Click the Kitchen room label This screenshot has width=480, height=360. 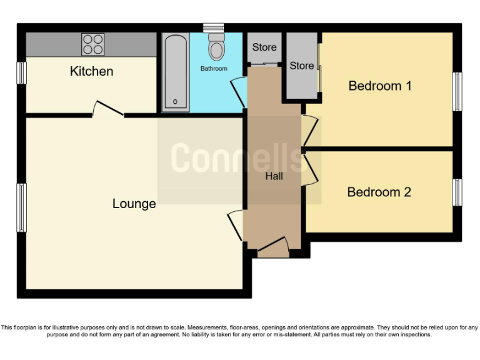(91, 71)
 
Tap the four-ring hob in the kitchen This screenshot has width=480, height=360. (92, 44)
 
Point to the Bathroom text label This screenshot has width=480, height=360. (214, 68)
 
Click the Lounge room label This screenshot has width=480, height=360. (134, 204)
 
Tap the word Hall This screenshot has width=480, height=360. (274, 176)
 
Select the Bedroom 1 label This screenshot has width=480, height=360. (380, 86)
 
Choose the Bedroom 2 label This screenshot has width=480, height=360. (379, 192)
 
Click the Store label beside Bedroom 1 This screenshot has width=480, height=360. (301, 66)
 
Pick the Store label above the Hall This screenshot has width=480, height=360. (264, 47)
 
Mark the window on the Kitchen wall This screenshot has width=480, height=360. (22, 73)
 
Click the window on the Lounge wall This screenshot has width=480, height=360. (22, 207)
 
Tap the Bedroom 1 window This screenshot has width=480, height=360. (457, 92)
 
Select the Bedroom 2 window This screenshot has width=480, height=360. (457, 192)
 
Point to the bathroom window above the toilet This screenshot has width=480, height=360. (213, 27)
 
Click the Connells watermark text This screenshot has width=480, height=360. (239, 157)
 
